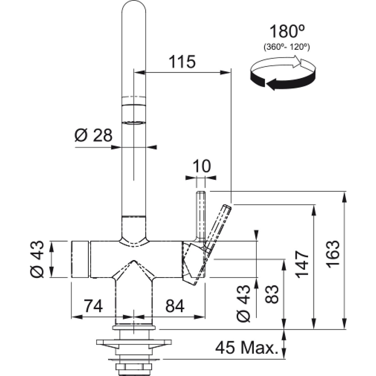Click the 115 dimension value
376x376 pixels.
182,62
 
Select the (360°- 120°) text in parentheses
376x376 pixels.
286,47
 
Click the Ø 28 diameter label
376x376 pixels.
93,135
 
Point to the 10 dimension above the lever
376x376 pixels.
201,166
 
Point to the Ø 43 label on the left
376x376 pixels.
37,259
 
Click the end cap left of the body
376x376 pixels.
80,259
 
